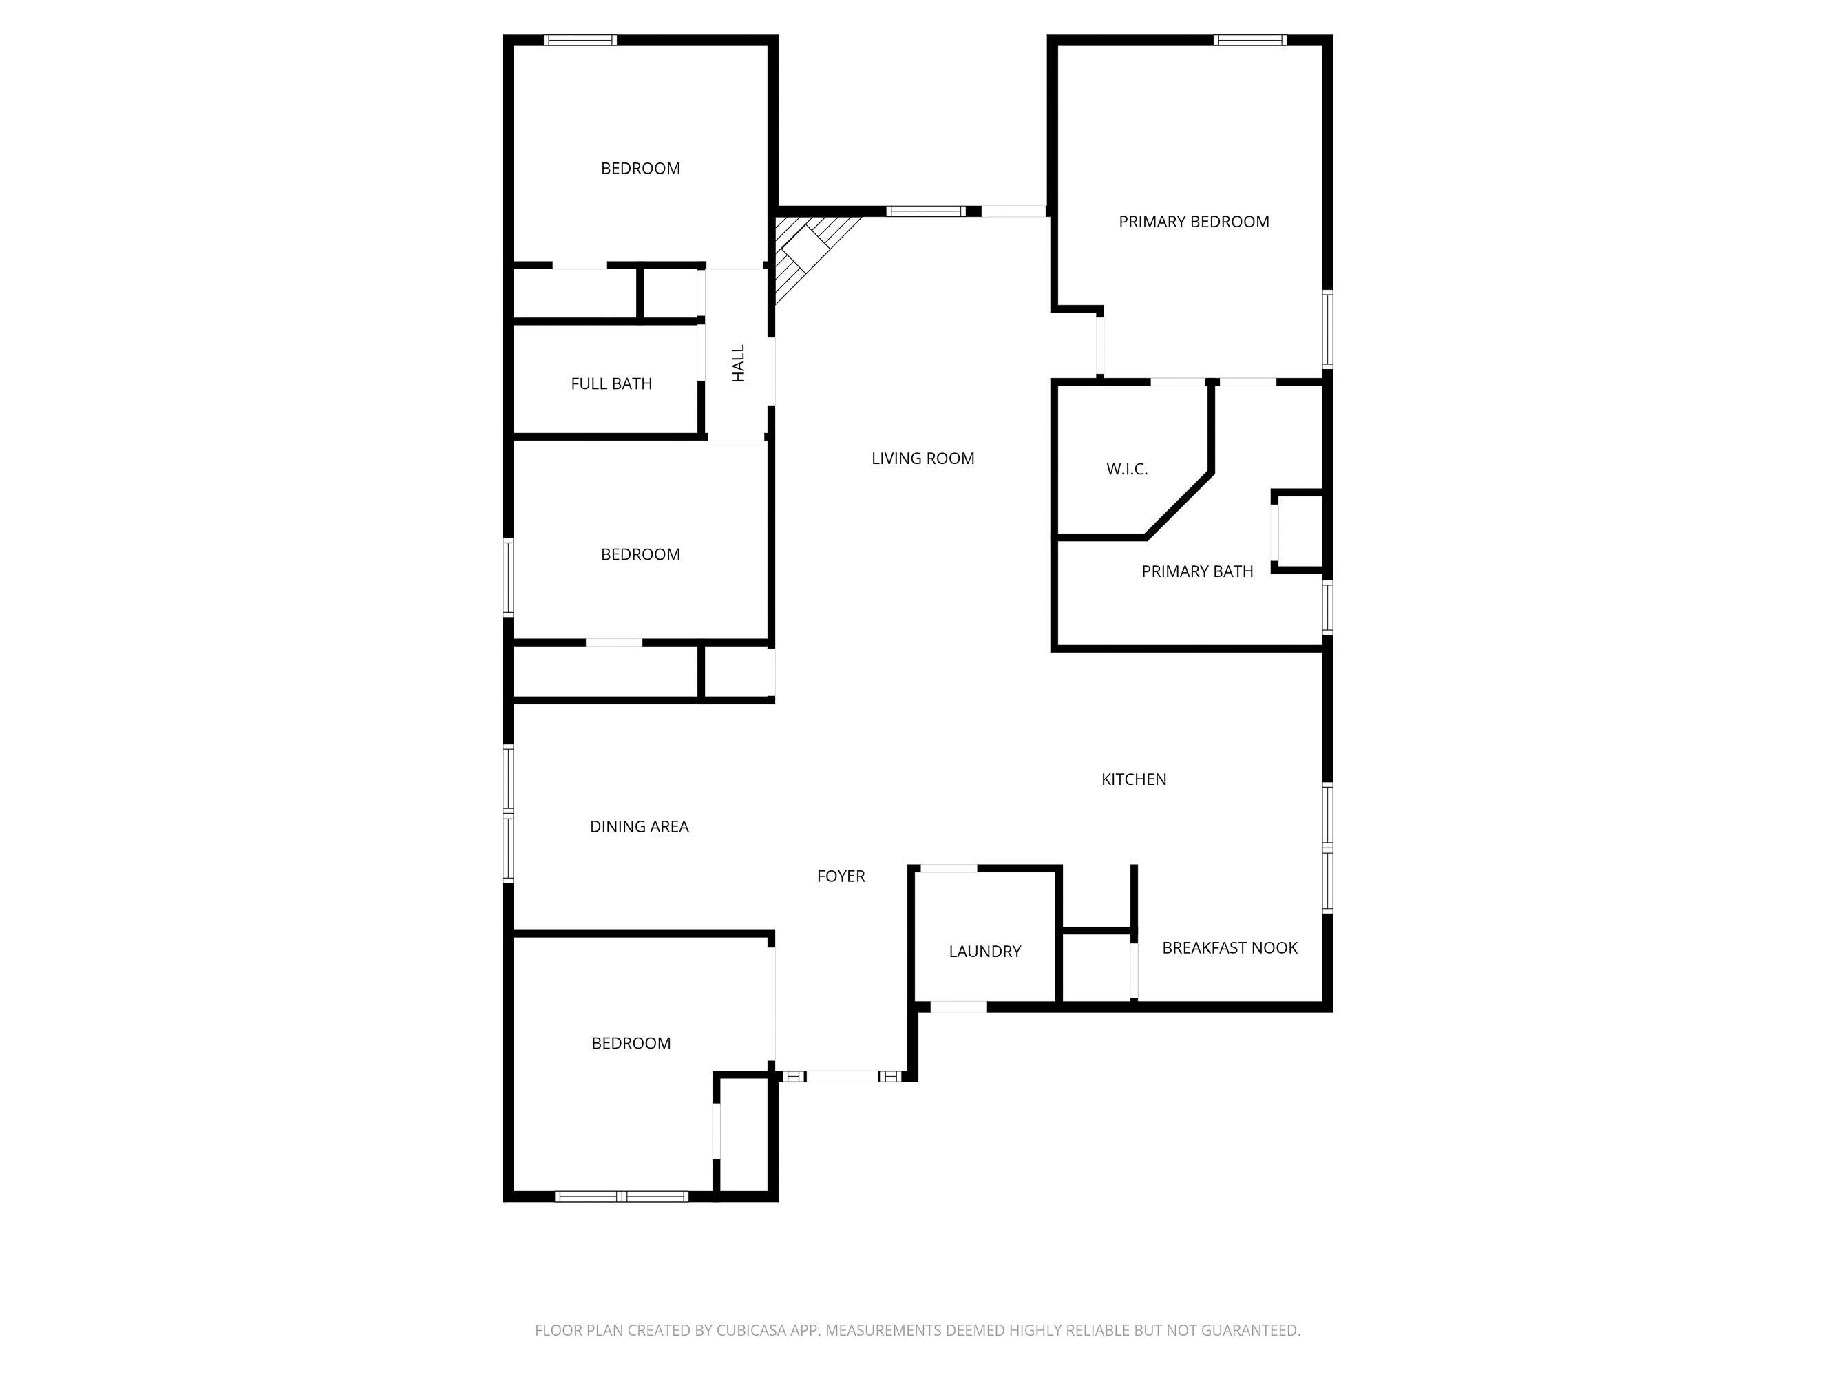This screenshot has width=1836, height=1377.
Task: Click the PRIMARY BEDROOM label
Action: click(x=1194, y=222)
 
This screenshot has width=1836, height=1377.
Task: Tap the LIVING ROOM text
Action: click(x=922, y=458)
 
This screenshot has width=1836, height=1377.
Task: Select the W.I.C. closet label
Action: click(x=1126, y=469)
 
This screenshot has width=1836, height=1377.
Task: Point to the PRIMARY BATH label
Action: click(x=1197, y=571)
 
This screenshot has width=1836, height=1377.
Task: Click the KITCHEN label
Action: click(x=1133, y=779)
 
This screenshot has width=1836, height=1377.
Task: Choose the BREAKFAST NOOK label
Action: click(x=1230, y=947)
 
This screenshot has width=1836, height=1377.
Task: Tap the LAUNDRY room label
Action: click(x=984, y=952)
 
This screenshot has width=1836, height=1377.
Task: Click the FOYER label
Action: click(x=841, y=876)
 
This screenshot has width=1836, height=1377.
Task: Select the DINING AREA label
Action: click(x=639, y=826)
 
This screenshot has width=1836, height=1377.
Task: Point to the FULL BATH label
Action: click(x=611, y=383)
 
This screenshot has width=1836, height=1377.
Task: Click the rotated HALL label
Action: click(x=739, y=364)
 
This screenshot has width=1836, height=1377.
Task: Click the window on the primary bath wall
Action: click(x=1327, y=607)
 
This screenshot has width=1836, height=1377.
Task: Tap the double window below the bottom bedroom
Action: click(x=621, y=1196)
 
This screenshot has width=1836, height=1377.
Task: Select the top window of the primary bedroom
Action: click(x=1249, y=40)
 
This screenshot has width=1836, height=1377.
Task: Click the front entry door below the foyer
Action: click(x=842, y=1077)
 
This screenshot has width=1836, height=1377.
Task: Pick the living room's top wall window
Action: click(x=925, y=211)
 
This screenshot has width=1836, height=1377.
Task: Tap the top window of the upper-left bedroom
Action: click(x=580, y=40)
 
